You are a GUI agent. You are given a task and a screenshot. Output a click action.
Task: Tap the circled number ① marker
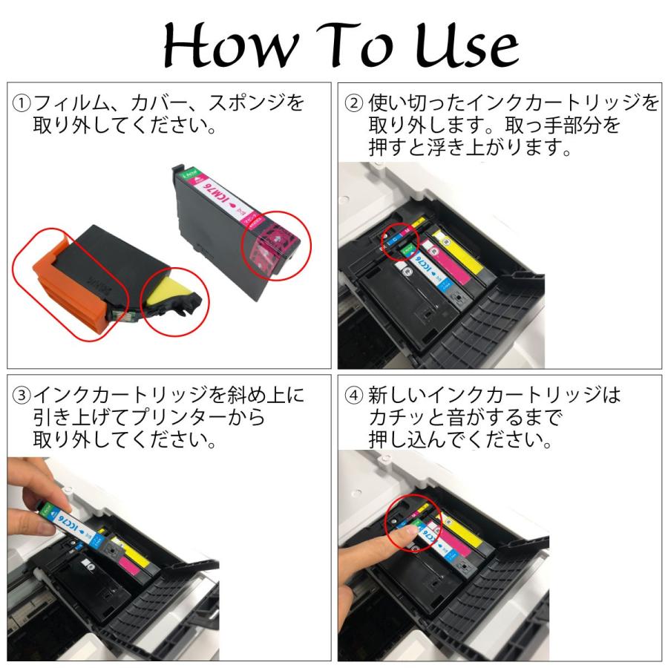[22, 103]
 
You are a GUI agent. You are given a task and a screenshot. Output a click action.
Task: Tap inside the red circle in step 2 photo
[400, 241]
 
